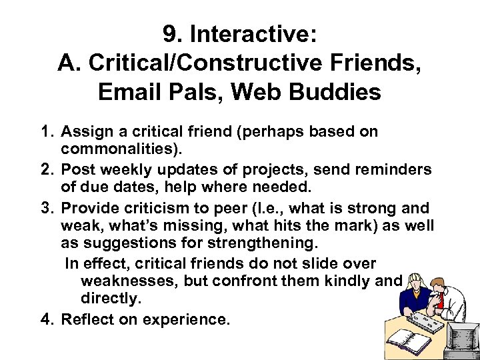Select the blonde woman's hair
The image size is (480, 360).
pyautogui.click(x=415, y=279)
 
